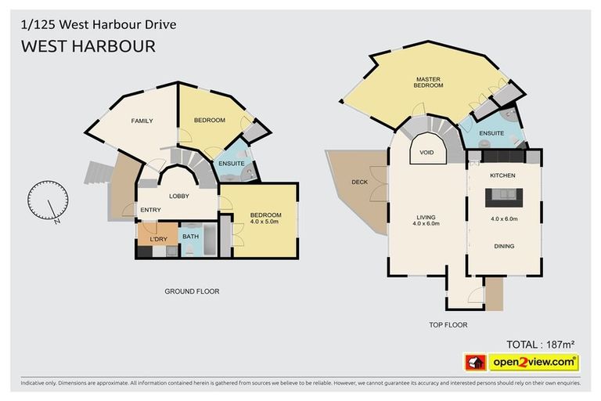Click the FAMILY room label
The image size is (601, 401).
click(142, 121)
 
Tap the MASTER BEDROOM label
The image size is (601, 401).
click(429, 82)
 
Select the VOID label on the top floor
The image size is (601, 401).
click(427, 152)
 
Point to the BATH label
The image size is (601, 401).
click(190, 236)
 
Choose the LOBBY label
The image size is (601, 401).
click(178, 196)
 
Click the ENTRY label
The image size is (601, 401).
click(150, 210)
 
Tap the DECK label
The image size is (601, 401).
click(359, 182)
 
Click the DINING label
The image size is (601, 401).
click(504, 246)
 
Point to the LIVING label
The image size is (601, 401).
click(426, 217)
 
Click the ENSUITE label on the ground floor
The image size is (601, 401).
click(232, 163)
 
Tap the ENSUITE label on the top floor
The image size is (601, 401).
click(491, 134)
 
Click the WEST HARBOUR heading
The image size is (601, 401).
click(88, 46)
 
